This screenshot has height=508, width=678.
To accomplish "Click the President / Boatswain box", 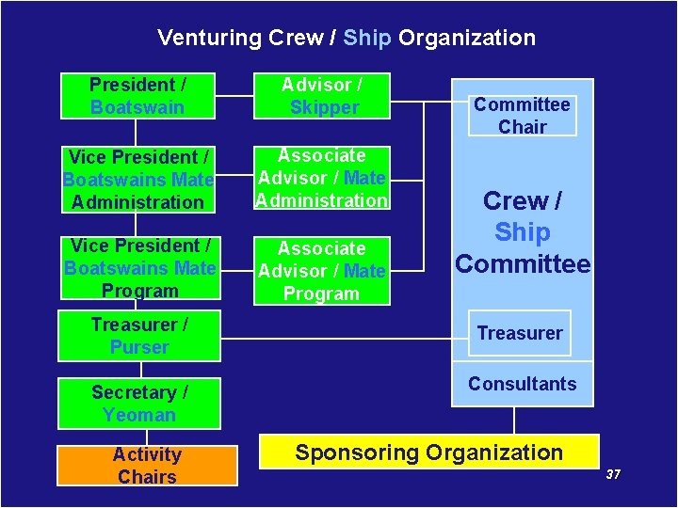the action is point(137,96).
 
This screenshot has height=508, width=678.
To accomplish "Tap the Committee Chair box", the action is point(522,115).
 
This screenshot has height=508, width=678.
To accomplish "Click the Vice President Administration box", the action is point(137,179).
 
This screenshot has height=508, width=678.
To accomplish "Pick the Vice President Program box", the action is point(140,268).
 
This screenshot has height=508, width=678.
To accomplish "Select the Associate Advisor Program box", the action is point(322,271).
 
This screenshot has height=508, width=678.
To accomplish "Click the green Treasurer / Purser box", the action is point(139,336).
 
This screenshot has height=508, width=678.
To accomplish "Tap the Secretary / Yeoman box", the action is point(139,404).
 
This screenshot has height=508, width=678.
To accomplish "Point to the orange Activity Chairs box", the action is point(147,466).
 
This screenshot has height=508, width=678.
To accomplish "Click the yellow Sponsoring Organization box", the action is point(429,452).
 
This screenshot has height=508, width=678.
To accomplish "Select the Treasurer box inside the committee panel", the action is point(520,333).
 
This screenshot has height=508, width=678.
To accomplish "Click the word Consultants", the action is point(522,384).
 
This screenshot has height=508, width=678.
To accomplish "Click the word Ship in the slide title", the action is point(368,39).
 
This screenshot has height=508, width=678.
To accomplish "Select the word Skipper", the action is point(324,107).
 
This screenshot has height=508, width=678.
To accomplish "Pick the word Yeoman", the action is point(139,415).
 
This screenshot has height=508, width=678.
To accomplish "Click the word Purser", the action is point(139,347).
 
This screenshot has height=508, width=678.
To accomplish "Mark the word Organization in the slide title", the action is point(467,39).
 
